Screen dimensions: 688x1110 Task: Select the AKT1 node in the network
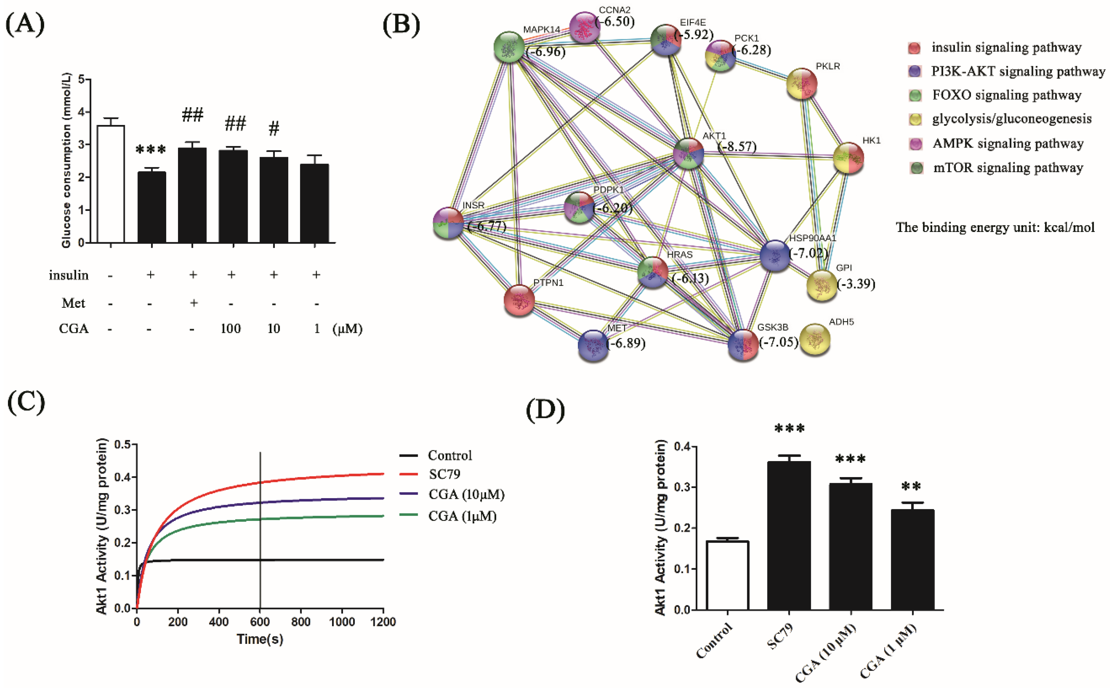pyautogui.click(x=688, y=153)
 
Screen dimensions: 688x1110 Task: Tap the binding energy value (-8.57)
pyautogui.click(x=737, y=147)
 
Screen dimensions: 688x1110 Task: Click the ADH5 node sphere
pyautogui.click(x=815, y=339)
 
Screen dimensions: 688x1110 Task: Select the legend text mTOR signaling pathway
pyautogui.click(x=1008, y=168)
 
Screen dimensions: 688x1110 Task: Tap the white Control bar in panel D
pyautogui.click(x=728, y=575)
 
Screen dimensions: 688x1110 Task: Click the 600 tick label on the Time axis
pyautogui.click(x=260, y=622)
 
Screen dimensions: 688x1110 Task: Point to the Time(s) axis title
pyautogui.click(x=260, y=639)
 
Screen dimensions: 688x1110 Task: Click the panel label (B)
pyautogui.click(x=401, y=24)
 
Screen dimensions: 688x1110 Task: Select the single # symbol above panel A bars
pyautogui.click(x=274, y=129)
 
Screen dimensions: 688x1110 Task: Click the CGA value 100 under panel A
pyautogui.click(x=231, y=329)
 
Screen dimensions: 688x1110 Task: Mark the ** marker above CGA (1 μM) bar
pyautogui.click(x=911, y=487)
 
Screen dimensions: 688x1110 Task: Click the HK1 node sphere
pyautogui.click(x=848, y=158)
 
